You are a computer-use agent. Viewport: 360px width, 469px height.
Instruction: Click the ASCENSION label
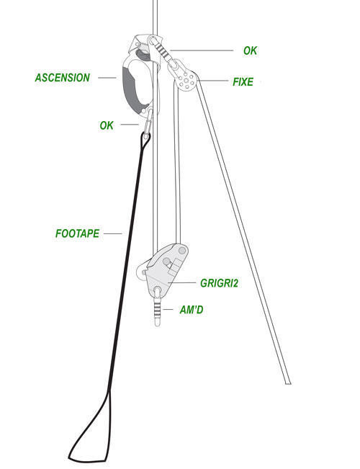(x=62, y=78)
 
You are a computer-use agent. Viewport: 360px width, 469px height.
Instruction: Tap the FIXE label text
(x=243, y=81)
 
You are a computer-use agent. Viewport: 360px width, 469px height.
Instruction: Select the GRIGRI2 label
(x=219, y=283)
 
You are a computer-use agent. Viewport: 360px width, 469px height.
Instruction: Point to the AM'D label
(x=192, y=310)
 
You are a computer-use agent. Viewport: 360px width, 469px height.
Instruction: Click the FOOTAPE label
(x=77, y=233)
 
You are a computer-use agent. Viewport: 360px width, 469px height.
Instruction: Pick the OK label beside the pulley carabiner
(x=250, y=50)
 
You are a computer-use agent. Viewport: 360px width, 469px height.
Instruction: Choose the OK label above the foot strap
(x=107, y=125)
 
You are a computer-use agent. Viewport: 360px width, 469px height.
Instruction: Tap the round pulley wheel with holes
(x=186, y=80)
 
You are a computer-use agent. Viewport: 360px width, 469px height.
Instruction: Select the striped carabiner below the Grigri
(x=158, y=305)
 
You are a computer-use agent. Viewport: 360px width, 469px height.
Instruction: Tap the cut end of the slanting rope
(x=288, y=383)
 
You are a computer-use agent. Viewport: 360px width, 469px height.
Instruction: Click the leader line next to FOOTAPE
(x=113, y=233)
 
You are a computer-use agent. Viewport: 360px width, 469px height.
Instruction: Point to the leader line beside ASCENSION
(x=107, y=78)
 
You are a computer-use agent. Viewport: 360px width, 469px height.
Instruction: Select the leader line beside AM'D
(x=168, y=310)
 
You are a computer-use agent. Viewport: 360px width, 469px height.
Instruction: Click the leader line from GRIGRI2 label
(x=181, y=282)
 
